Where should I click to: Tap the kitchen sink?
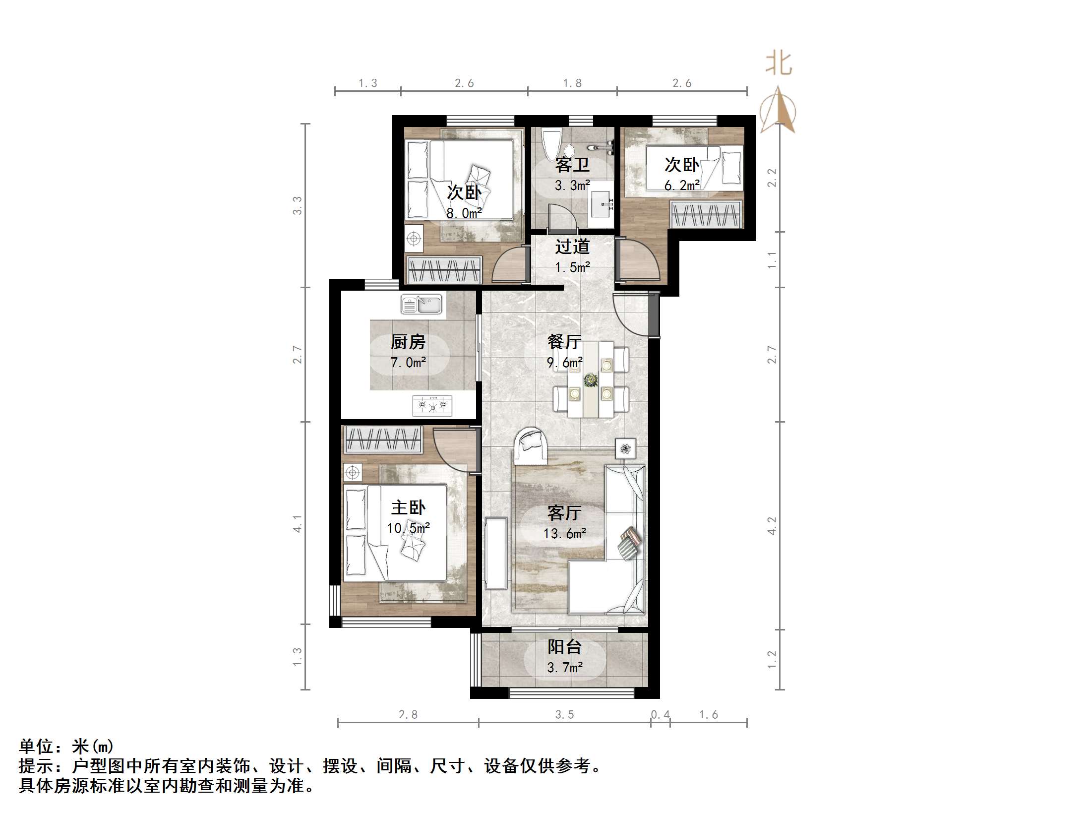[421, 305]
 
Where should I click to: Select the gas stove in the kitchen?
[432, 405]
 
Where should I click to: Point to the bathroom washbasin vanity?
[601, 204]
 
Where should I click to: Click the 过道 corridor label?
[572, 247]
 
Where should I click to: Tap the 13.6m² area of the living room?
[564, 534]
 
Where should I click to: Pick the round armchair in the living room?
[530, 446]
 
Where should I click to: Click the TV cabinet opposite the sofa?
[496, 553]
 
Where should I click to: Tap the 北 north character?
[779, 64]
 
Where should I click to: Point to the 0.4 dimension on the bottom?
[660, 714]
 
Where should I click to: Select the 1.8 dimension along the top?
[572, 83]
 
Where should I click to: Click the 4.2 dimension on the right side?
[772, 526]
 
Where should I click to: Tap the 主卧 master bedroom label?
[408, 507]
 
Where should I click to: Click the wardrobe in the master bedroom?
[383, 439]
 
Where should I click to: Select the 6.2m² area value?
[682, 186]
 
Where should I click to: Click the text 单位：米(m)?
[66, 746]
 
